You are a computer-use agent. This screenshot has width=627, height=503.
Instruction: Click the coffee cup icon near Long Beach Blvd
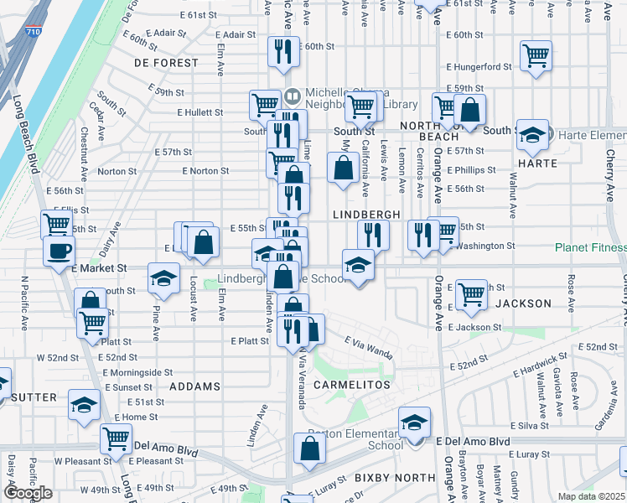point(59,251)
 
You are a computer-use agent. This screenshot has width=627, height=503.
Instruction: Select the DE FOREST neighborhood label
point(166,63)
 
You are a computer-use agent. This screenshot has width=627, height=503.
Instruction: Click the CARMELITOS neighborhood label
point(352,383)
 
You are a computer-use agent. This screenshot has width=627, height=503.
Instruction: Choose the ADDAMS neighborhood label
point(194,386)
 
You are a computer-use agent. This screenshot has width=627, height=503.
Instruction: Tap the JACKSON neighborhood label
point(523,303)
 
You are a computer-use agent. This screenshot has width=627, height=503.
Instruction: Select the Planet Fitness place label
point(590,247)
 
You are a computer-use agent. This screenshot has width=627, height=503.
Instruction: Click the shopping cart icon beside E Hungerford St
point(535,56)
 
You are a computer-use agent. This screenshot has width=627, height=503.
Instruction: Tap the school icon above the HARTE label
point(532,134)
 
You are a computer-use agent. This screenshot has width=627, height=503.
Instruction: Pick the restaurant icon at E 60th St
point(283,51)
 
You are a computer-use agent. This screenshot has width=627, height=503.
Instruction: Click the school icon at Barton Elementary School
point(414,423)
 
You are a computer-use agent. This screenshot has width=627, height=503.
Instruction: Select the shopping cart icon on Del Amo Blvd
point(116,438)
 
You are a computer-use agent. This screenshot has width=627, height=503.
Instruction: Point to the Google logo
point(28,493)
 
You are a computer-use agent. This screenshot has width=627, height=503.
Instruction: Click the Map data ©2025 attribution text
point(592,496)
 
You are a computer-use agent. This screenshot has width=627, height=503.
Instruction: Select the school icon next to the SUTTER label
point(84,406)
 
